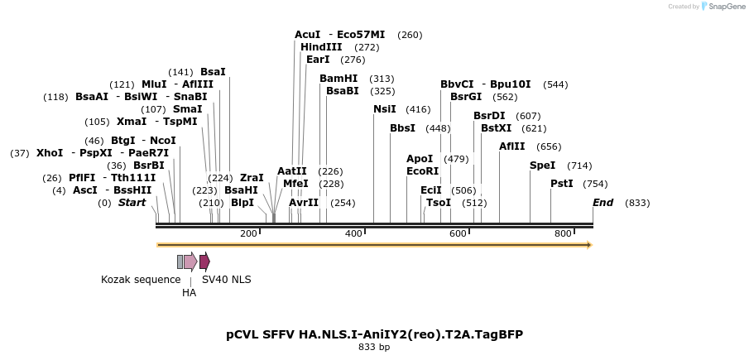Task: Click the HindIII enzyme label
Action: pyautogui.click(x=321, y=47)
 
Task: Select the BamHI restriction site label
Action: pyautogui.click(x=338, y=79)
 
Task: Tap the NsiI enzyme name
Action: pyautogui.click(x=385, y=108)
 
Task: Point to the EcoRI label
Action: pyautogui.click(x=422, y=170)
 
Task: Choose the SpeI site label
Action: pyautogui.click(x=542, y=166)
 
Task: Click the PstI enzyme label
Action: pyautogui.click(x=562, y=183)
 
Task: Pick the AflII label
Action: pyautogui.click(x=511, y=146)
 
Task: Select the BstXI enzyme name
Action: pyautogui.click(x=497, y=128)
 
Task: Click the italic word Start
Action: pyautogui.click(x=132, y=203)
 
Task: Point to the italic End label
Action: pyautogui.click(x=603, y=203)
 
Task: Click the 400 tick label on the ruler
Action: pyautogui.click(x=353, y=234)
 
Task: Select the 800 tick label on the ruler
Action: pyautogui.click(x=563, y=234)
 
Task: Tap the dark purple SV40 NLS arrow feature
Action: pyautogui.click(x=204, y=262)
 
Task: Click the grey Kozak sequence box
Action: pyautogui.click(x=180, y=262)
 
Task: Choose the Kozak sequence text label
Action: pyautogui.click(x=141, y=280)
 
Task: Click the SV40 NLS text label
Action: pyautogui.click(x=227, y=280)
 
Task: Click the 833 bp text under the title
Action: pyautogui.click(x=374, y=348)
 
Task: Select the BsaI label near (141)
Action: pyautogui.click(x=213, y=72)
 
